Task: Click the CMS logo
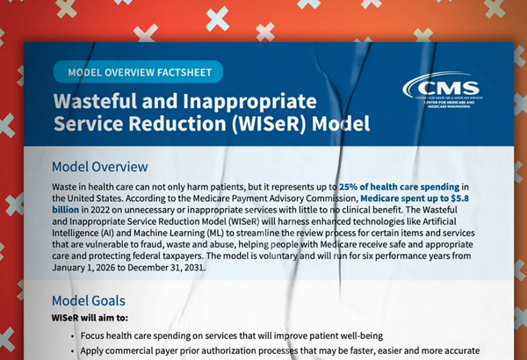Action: pyautogui.click(x=443, y=90)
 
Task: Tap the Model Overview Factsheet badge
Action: pyautogui.click(x=138, y=72)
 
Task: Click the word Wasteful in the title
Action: pyautogui.click(x=95, y=101)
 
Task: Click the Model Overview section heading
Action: pyautogui.click(x=100, y=167)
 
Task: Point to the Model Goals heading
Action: pyautogui.click(x=89, y=301)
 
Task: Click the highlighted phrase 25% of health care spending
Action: pyautogui.click(x=399, y=187)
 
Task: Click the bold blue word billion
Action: pyautogui.click(x=66, y=210)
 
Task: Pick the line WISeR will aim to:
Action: pyautogui.click(x=90, y=318)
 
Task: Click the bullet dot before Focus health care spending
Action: pyautogui.click(x=73, y=336)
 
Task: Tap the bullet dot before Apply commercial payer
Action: pyautogui.click(x=73, y=351)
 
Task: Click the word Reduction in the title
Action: pyautogui.click(x=177, y=123)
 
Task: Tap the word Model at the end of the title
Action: pyautogui.click(x=341, y=123)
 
